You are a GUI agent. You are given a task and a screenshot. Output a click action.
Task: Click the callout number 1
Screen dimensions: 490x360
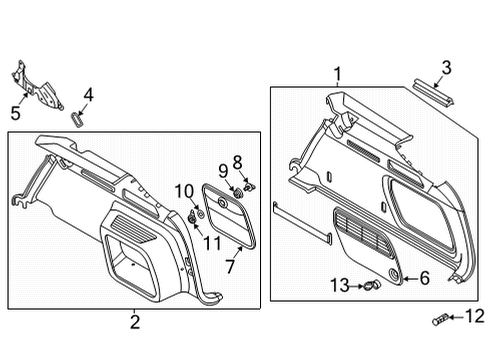tap(338, 74)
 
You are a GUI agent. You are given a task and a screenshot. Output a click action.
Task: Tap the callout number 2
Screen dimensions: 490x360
tap(135, 322)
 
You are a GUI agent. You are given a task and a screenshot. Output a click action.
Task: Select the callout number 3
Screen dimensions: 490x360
tap(446, 68)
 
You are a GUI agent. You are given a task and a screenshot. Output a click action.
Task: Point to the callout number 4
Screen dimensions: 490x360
tap(88, 95)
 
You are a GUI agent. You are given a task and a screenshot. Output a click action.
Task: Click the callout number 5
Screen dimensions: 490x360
tap(16, 113)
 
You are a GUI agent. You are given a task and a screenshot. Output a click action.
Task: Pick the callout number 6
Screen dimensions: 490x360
tap(424, 278)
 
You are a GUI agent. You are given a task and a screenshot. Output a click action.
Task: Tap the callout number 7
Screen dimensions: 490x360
tap(230, 266)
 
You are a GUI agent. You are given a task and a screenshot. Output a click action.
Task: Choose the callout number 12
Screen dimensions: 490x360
tap(475, 316)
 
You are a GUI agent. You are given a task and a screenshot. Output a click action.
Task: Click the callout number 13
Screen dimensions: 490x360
tap(340, 286)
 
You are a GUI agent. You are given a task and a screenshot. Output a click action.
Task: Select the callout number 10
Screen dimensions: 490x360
tap(184, 192)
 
